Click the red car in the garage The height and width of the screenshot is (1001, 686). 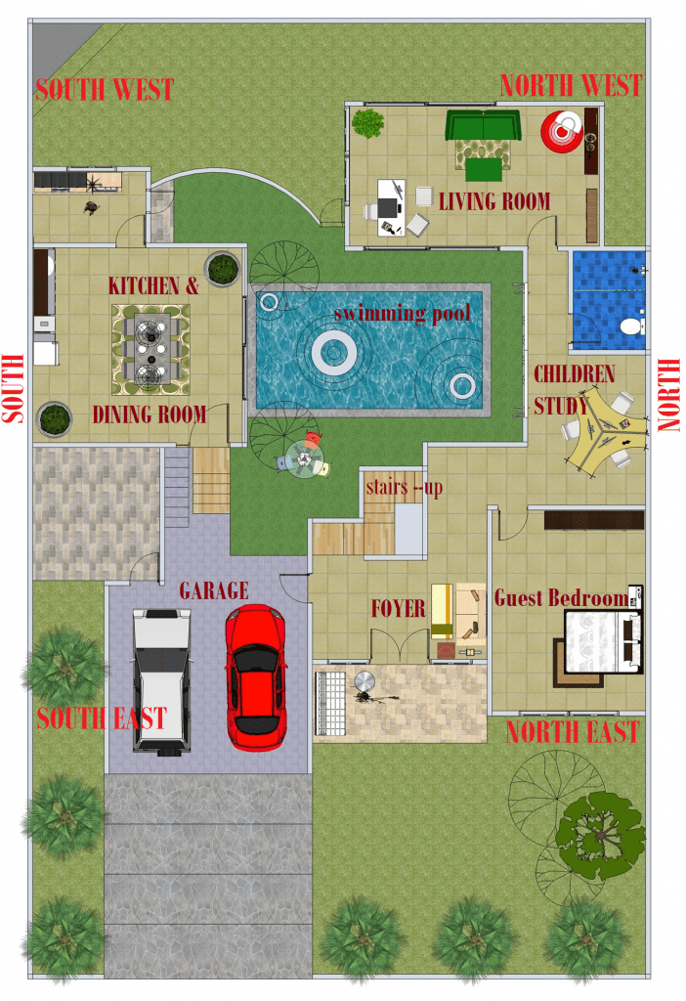pos(255,676)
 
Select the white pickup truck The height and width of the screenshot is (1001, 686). pos(161,681)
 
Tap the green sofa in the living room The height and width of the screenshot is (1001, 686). pos(483,125)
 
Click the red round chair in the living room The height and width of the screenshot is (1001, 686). pos(562,132)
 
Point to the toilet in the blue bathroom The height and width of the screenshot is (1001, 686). pos(631,326)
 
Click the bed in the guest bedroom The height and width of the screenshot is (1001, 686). pos(603,641)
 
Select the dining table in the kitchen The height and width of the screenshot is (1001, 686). pos(150,349)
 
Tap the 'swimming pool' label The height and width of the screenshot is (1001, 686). pos(402,313)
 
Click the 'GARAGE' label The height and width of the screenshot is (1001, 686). pos(214,590)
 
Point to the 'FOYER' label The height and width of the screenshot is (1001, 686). pos(398,608)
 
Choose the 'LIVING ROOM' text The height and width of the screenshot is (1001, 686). pos(494,201)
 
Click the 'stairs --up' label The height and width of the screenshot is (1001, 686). pos(404,488)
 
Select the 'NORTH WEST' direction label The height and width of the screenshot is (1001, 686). pos(571,86)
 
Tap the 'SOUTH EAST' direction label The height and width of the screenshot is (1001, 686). pos(102,718)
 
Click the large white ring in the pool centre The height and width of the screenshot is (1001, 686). pos(334,352)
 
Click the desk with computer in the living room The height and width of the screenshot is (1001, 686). pos(390,207)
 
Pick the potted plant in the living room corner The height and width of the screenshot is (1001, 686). pos(367,123)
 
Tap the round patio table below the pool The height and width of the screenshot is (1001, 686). pos(304,458)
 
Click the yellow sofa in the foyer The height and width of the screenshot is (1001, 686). pos(442,611)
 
